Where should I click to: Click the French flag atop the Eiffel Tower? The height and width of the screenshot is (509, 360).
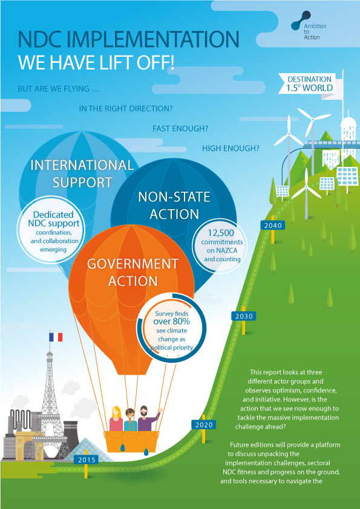56,337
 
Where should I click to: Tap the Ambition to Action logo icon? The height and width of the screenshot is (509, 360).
301,21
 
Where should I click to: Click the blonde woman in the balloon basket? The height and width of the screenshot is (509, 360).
116,419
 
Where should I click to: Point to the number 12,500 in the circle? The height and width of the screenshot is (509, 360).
221,233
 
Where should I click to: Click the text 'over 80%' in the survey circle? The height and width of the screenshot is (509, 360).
172,322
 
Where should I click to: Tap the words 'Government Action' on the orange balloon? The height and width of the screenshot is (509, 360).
133,273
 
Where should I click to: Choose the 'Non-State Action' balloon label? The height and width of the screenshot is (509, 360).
174,206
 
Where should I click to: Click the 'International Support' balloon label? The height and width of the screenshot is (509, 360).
82,173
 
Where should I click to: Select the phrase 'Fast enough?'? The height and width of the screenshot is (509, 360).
180,129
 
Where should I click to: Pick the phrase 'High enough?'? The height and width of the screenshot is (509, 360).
231,148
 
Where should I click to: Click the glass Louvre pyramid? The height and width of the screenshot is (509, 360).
86,450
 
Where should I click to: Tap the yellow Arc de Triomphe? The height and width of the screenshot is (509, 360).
29,446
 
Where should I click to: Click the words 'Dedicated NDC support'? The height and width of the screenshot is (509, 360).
54,219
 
